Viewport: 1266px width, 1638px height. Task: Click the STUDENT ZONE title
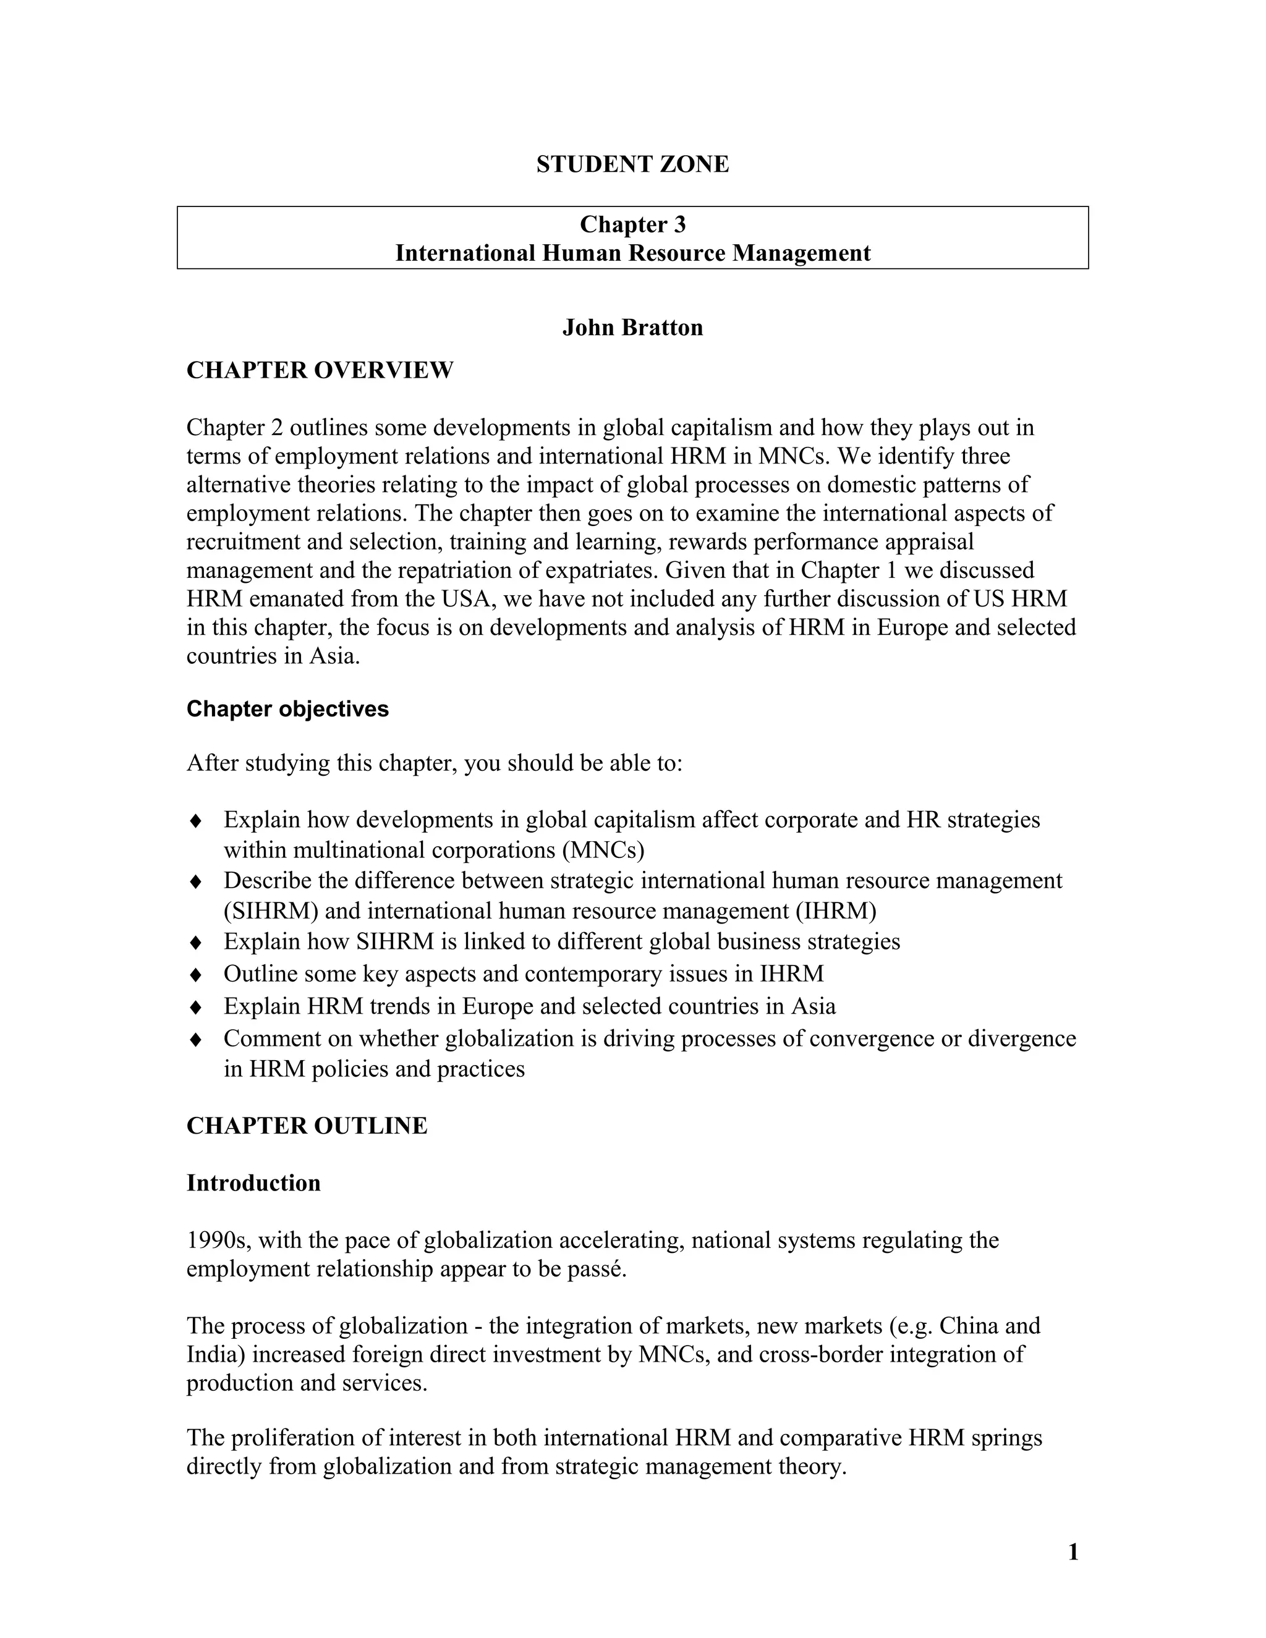[632, 164]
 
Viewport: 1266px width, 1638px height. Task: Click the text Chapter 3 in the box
[632, 224]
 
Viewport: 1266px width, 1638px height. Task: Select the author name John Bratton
[632, 328]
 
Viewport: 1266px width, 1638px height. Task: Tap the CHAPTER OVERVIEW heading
[320, 370]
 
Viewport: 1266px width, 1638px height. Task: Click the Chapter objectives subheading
[287, 709]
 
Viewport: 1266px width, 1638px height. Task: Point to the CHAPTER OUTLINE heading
[307, 1126]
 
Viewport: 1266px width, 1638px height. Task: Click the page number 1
[1073, 1551]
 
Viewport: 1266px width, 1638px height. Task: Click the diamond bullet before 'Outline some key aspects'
[196, 974]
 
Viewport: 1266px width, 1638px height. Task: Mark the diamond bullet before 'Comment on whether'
[196, 1040]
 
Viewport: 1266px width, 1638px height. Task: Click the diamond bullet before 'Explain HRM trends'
[196, 1006]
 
